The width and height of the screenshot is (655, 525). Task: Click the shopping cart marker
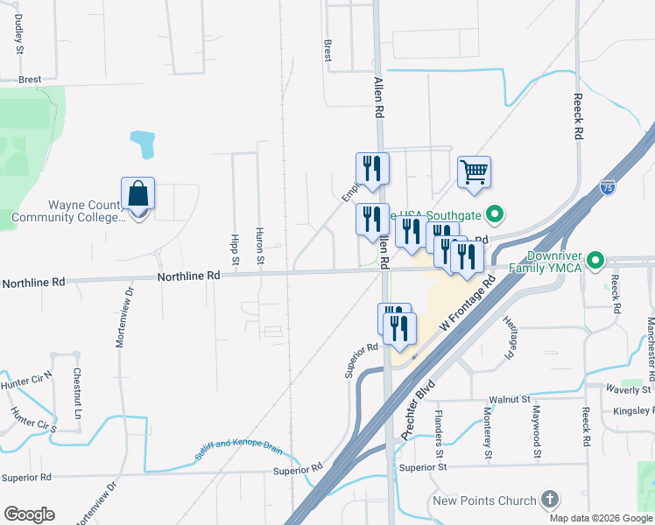tap(474, 171)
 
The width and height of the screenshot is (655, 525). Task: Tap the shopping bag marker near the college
tap(138, 193)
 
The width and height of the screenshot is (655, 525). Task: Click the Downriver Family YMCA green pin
tap(595, 260)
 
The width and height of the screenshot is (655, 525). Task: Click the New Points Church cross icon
tap(549, 500)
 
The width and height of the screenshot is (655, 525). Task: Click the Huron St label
tap(260, 246)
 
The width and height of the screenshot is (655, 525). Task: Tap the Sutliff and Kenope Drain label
tap(239, 448)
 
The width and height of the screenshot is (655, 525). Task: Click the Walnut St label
tap(510, 399)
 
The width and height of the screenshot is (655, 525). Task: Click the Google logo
tap(29, 514)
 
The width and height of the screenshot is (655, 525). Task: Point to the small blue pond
tap(142, 143)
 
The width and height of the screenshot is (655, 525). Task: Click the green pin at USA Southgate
tap(494, 213)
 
